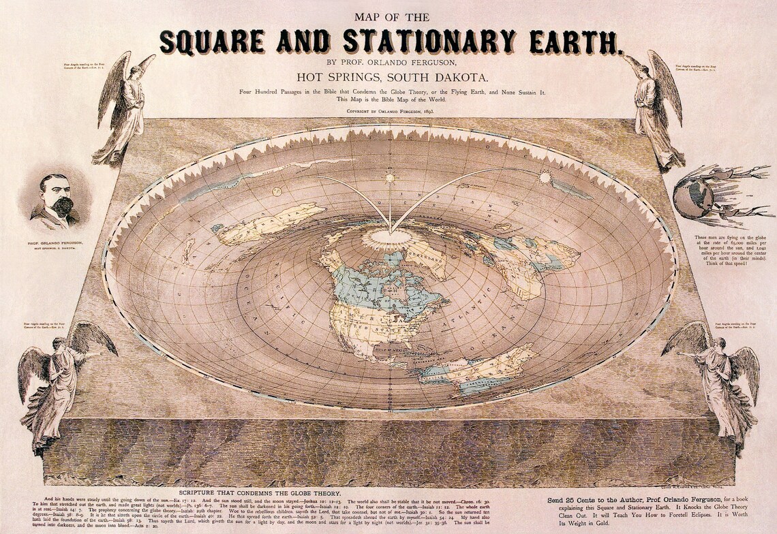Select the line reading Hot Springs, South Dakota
click(388, 77)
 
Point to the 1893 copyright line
click(390, 110)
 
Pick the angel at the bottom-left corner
click(58, 381)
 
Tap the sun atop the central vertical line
click(390, 178)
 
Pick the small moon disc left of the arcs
click(277, 191)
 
